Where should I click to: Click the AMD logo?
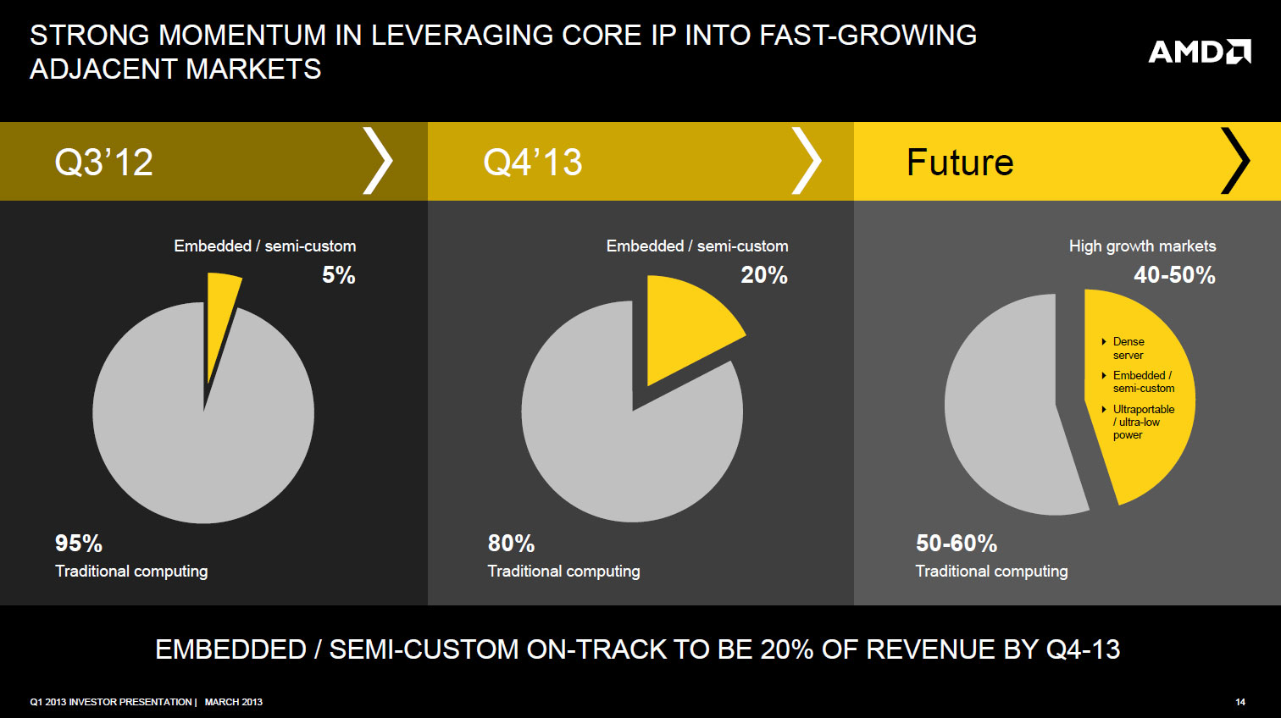tap(1199, 52)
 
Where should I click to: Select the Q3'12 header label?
tap(103, 162)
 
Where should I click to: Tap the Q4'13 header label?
tap(532, 162)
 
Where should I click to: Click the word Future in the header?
tap(959, 162)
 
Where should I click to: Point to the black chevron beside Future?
tap(1235, 161)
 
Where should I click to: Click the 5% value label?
tap(338, 275)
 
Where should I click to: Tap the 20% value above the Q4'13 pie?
tap(763, 275)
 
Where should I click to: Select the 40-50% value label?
tap(1174, 275)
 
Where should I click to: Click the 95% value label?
tap(79, 543)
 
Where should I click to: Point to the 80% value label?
tap(511, 543)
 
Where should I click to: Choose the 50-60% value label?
tap(957, 543)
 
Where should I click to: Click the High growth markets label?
tap(1142, 246)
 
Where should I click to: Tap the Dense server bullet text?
tap(1128, 348)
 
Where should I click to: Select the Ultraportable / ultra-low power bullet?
tap(1142, 422)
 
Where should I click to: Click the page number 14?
tap(1240, 702)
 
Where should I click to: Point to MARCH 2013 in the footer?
tap(234, 702)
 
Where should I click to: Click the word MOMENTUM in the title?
tap(241, 36)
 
